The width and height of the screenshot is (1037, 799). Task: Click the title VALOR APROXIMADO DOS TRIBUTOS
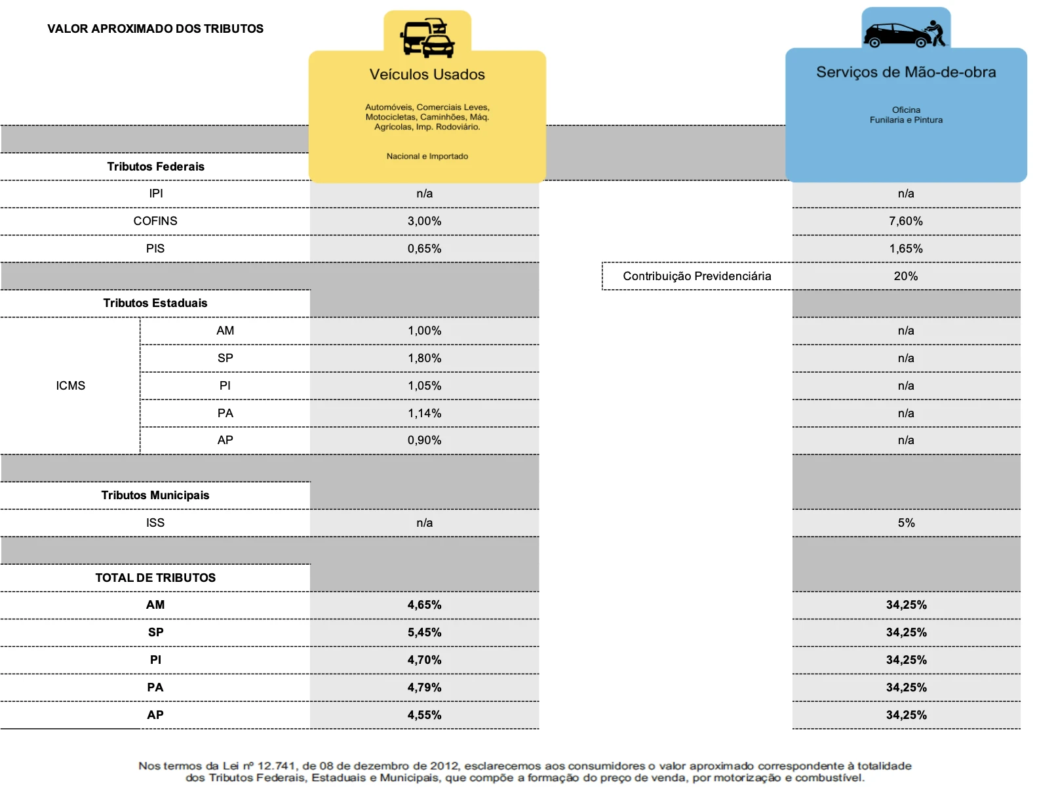(155, 29)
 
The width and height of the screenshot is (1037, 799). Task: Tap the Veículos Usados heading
(427, 75)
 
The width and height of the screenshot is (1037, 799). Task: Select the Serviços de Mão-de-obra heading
(905, 72)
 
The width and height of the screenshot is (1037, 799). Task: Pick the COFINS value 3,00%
(424, 221)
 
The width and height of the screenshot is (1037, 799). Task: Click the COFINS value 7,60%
(905, 221)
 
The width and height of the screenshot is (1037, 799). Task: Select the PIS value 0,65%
(424, 249)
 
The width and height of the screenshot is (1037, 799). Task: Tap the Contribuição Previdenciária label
(697, 276)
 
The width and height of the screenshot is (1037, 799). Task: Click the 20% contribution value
(905, 276)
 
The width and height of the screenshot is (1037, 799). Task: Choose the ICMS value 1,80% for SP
(424, 358)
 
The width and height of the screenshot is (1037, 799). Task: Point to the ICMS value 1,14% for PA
(424, 413)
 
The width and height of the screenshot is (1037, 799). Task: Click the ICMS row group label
(71, 386)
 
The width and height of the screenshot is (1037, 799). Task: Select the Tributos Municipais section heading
(155, 495)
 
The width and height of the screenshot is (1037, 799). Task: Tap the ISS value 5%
(906, 523)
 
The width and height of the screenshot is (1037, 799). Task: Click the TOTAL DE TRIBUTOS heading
(155, 578)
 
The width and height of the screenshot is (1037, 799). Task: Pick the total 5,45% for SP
(424, 632)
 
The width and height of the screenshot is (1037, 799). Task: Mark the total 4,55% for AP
(424, 715)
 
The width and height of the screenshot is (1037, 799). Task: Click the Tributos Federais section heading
(156, 167)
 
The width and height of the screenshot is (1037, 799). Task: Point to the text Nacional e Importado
(427, 156)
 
